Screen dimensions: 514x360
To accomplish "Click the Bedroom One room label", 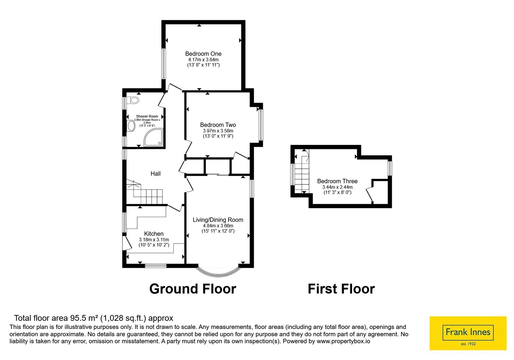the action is tap(203, 54).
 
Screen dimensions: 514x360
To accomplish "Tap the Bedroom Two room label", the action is tap(218, 125).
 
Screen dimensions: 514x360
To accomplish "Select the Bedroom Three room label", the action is tap(337, 181).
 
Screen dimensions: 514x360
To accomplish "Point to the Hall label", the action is tap(155, 174).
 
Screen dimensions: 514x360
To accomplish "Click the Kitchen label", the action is tap(154, 234).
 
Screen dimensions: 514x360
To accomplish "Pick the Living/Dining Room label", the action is tap(218, 220).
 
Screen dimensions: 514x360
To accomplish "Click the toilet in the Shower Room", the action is tap(133, 100).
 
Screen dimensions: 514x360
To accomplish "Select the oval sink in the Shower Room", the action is tap(131, 126).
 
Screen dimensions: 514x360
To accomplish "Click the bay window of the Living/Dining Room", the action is tap(219, 274).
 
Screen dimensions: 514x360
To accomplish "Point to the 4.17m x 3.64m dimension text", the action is tap(203, 60).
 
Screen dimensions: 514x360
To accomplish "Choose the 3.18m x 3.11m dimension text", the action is tap(154, 240).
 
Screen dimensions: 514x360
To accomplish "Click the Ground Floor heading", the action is tap(193, 289).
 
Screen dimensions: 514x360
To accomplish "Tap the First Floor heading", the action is tap(341, 289).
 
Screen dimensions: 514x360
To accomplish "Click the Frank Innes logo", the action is tap(468, 333).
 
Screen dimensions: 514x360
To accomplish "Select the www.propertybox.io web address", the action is tap(343, 341).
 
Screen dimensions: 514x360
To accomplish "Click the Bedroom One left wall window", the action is tap(164, 64).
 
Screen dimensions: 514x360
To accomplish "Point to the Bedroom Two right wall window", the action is tap(261, 125).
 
